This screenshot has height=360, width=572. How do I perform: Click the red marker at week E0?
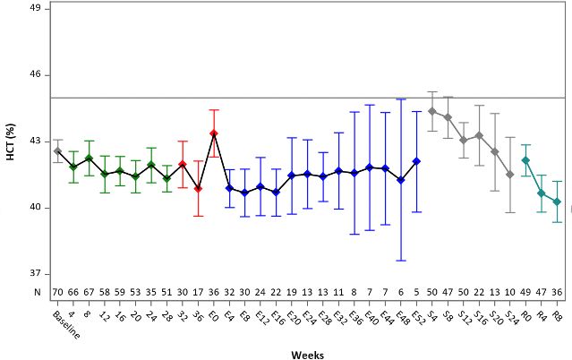[x=214, y=133]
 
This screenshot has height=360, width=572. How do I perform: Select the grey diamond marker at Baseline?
[x=57, y=151]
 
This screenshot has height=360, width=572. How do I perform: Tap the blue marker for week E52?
[x=416, y=161]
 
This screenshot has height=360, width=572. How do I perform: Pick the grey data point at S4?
[x=431, y=112]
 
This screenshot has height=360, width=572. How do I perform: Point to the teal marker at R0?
[x=525, y=160]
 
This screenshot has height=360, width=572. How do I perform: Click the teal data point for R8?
[x=557, y=202]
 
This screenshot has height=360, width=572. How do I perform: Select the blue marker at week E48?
[x=401, y=180]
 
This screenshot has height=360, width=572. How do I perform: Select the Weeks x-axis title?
[x=307, y=355]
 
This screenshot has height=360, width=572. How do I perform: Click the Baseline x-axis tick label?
[x=61, y=323]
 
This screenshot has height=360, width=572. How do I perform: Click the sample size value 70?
[x=57, y=292]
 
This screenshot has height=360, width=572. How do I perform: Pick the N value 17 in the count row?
[x=198, y=292]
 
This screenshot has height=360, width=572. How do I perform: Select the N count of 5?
[x=416, y=292]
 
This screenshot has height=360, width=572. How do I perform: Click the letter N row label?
[x=37, y=292]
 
